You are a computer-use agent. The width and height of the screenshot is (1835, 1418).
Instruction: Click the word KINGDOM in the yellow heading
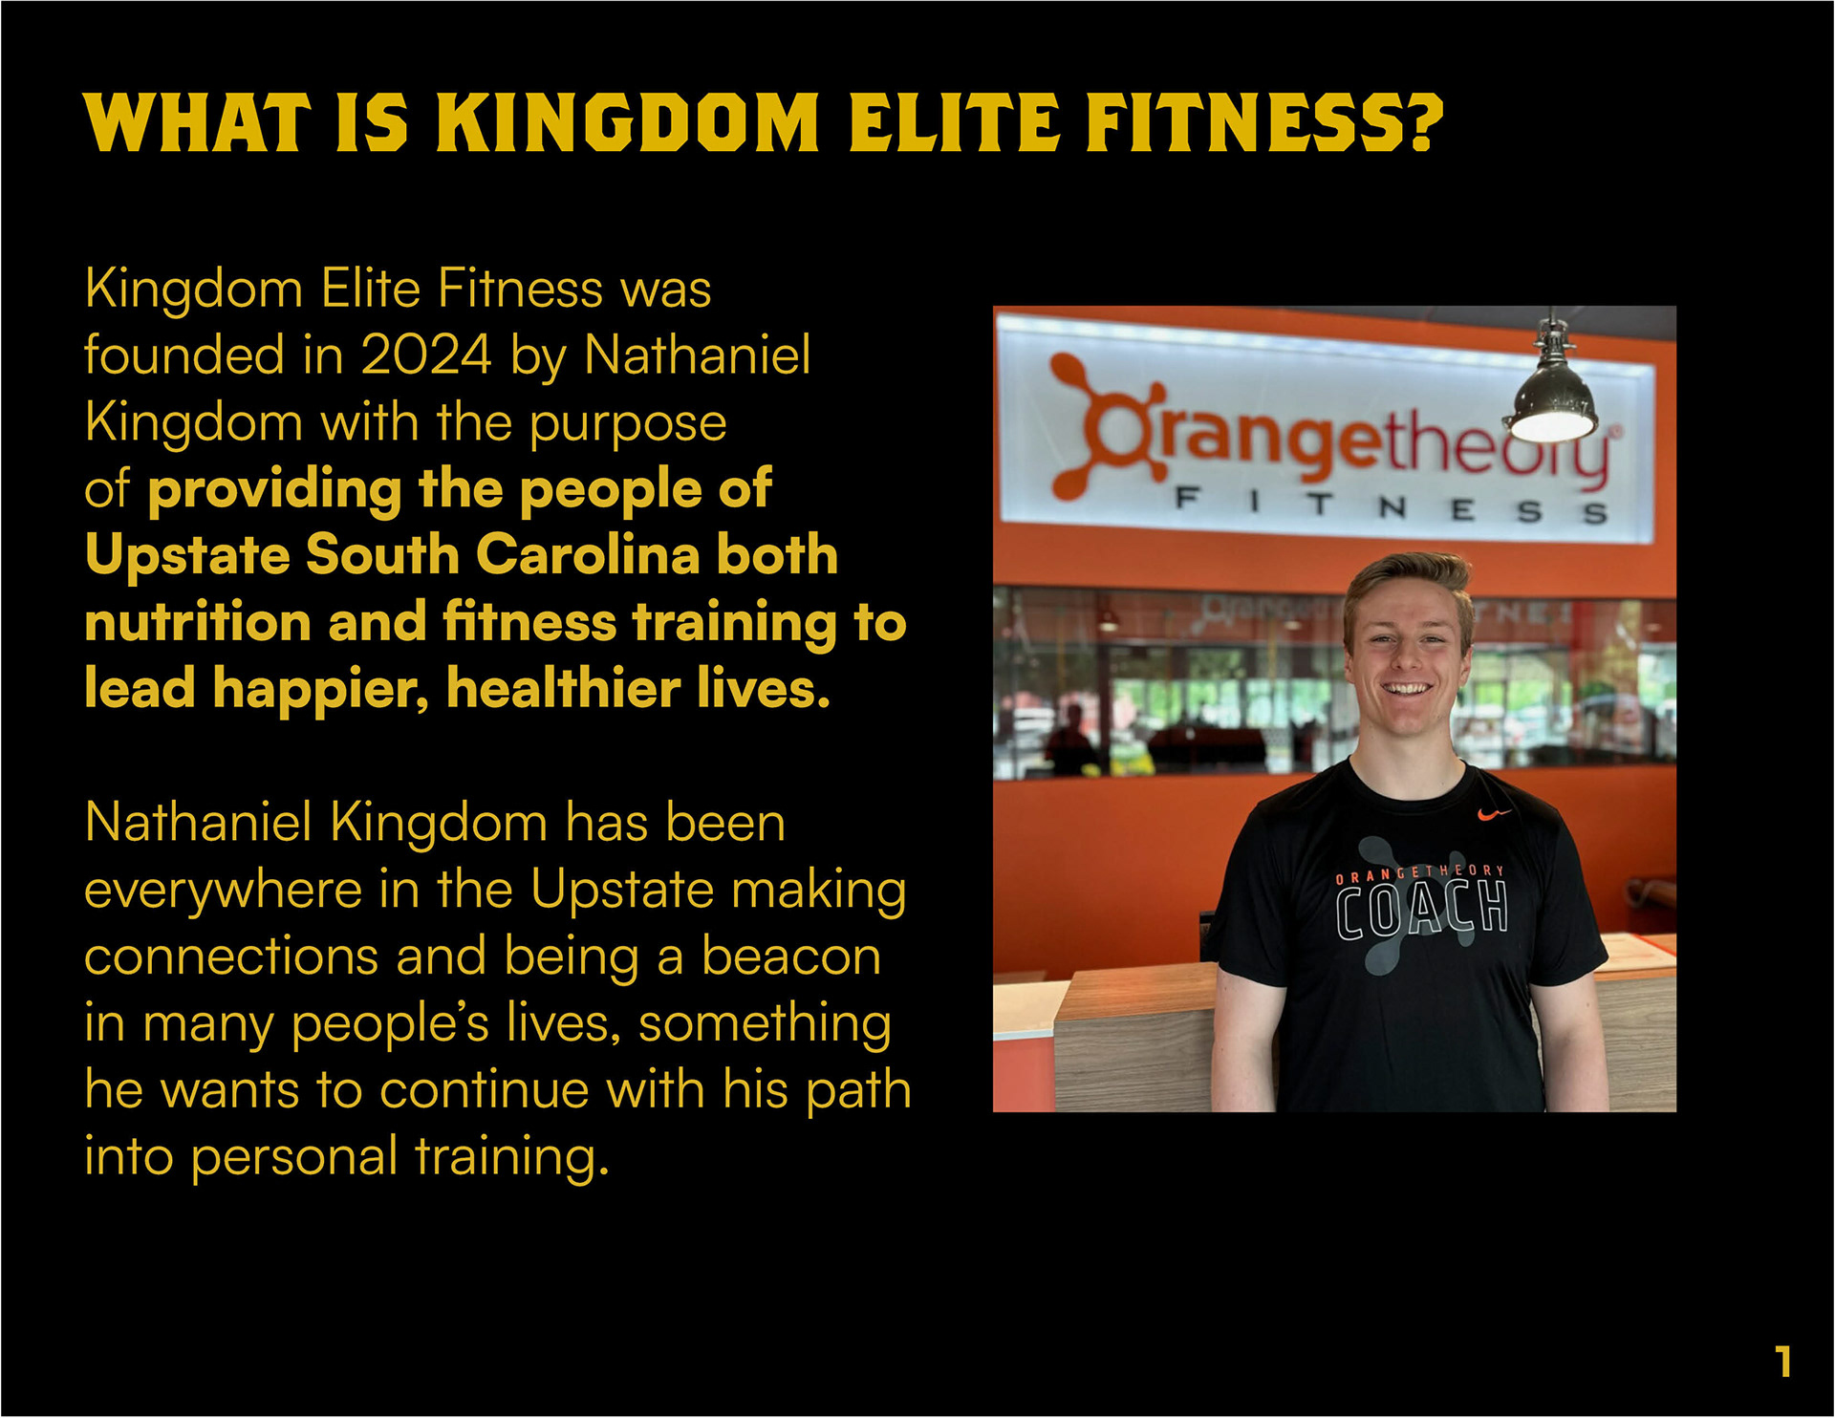(628, 123)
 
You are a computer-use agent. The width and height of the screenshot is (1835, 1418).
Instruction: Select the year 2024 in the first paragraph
(426, 355)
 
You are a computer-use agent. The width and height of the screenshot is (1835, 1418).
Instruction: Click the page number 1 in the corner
(1783, 1361)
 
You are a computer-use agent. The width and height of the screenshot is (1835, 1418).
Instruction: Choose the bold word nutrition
(198, 621)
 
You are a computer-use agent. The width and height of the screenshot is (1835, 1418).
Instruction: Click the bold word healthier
(565, 689)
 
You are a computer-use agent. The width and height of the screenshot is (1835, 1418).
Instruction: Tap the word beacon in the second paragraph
(791, 956)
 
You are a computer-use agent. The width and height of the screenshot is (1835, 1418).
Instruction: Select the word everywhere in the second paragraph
(224, 891)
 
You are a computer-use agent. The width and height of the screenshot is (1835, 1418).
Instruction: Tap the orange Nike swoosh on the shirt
(1494, 814)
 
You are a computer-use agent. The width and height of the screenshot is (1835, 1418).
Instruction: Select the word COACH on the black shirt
(1422, 912)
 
